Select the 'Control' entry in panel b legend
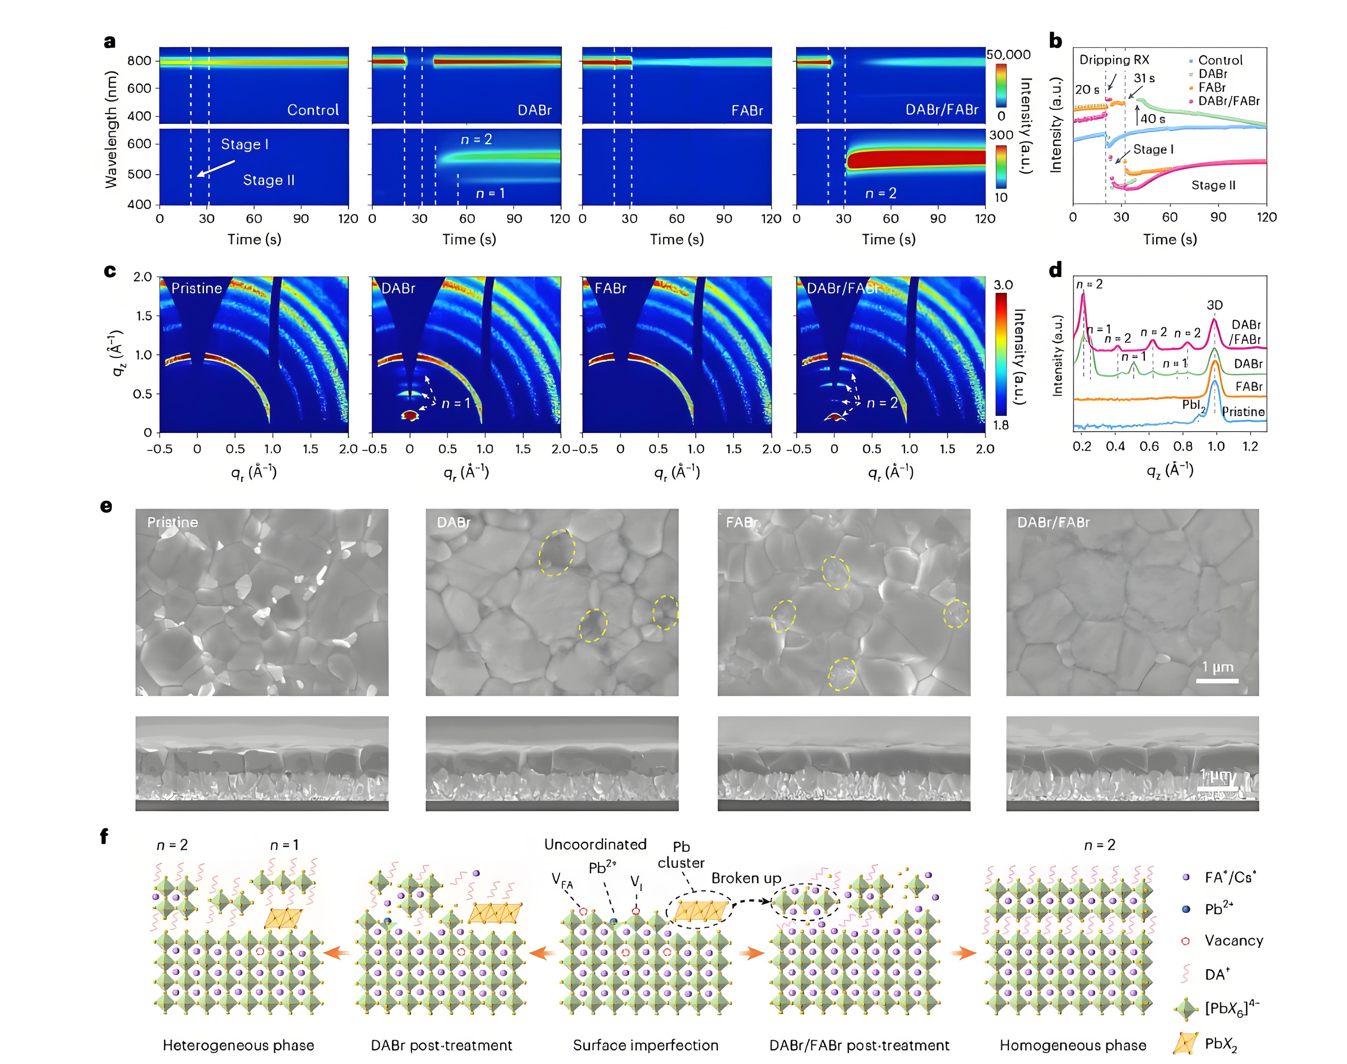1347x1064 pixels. click(x=1220, y=60)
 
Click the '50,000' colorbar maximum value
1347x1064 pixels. click(x=1008, y=55)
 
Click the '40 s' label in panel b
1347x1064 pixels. click(x=1153, y=119)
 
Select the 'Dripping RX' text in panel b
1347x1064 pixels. click(x=1114, y=60)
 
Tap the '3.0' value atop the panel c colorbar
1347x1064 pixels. click(x=1003, y=285)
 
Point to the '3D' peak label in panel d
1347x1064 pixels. click(x=1214, y=305)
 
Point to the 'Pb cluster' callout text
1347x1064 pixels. click(x=681, y=855)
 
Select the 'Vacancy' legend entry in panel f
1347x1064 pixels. click(x=1234, y=941)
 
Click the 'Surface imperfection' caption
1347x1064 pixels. click(x=646, y=1045)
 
